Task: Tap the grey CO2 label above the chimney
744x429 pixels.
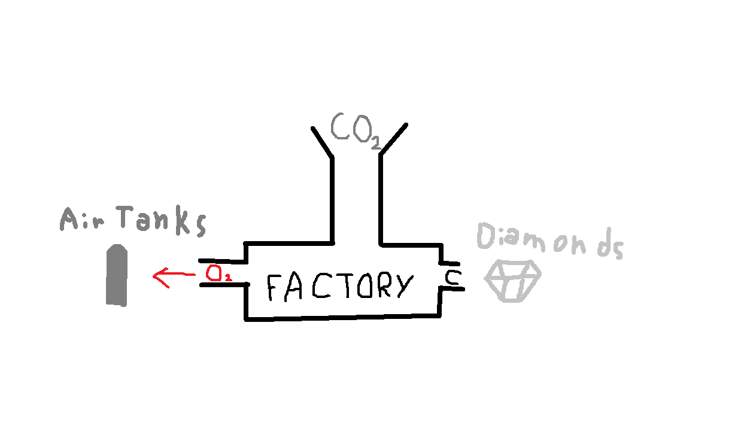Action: (x=354, y=129)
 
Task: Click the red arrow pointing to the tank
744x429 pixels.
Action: (x=174, y=276)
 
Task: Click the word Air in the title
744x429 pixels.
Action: (x=83, y=220)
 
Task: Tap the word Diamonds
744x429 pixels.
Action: (x=549, y=241)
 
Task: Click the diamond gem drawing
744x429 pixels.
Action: (x=512, y=281)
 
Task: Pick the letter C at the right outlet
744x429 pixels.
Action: (x=452, y=278)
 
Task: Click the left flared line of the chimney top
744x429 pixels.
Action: (x=321, y=142)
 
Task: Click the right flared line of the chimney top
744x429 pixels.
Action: (x=393, y=138)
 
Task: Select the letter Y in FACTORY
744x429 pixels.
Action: (x=402, y=286)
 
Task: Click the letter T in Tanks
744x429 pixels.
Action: (x=127, y=218)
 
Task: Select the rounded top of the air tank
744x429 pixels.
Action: (x=117, y=251)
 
